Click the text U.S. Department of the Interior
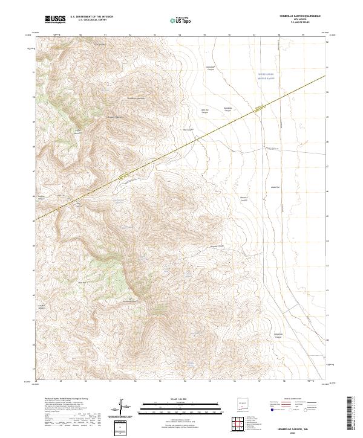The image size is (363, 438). click(91, 16)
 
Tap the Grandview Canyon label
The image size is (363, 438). click(211, 66)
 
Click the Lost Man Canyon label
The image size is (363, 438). click(42, 306)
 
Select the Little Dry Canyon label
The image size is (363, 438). click(204, 111)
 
